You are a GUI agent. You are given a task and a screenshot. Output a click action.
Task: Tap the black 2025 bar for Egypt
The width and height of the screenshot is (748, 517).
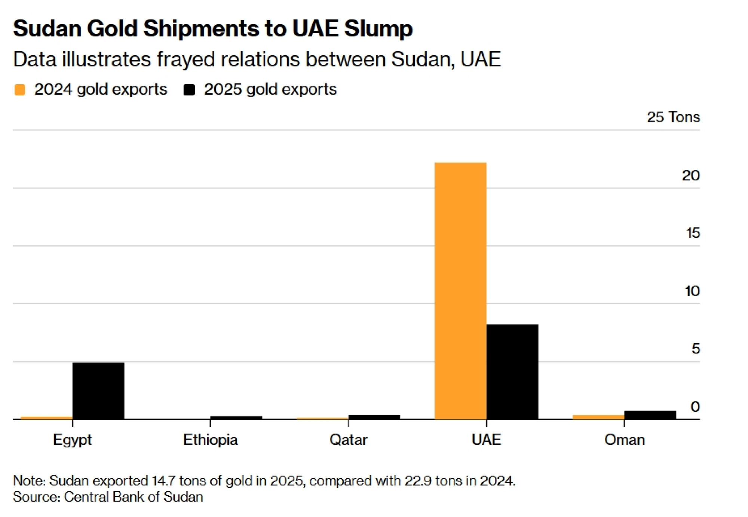(x=98, y=391)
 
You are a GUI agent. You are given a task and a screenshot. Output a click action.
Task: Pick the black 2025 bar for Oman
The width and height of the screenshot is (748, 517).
(x=650, y=415)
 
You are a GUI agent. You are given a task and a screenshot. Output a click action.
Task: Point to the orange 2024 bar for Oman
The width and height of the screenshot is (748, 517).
(x=598, y=417)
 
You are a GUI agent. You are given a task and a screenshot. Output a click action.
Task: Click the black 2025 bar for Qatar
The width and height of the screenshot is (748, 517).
(x=374, y=417)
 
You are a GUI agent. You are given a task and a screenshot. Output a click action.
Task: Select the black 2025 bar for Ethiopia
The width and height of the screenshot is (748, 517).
(x=236, y=417)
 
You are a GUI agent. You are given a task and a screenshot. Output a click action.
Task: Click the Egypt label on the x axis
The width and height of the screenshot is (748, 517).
(x=72, y=440)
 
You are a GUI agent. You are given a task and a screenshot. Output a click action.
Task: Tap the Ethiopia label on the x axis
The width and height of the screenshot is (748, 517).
(x=210, y=440)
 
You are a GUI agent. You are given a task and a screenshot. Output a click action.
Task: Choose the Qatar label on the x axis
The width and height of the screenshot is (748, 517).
(x=348, y=440)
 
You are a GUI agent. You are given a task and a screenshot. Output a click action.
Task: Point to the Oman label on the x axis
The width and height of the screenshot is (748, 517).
(x=624, y=440)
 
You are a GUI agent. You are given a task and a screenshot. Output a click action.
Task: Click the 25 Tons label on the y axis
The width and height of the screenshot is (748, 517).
(x=673, y=117)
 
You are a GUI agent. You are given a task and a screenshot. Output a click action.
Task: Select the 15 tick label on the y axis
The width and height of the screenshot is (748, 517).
(x=693, y=233)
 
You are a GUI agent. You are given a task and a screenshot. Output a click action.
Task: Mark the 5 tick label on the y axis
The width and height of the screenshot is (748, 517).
(x=695, y=349)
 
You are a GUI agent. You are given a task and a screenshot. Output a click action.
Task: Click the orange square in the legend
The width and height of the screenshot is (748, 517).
(x=20, y=90)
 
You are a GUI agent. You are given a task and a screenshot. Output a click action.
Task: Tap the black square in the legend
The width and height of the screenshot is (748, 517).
(x=189, y=90)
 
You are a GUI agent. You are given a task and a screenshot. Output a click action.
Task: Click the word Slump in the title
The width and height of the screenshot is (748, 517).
(x=378, y=28)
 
